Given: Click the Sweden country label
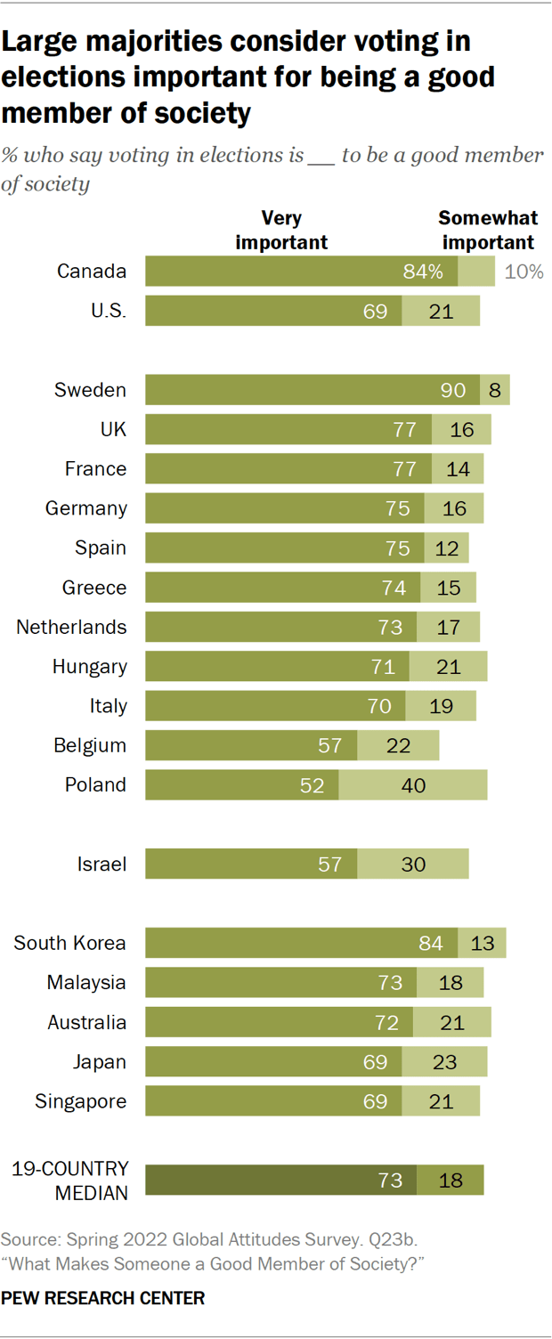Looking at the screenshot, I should point(90,390).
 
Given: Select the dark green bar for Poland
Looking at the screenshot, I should point(241,785).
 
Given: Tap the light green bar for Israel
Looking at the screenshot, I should point(412,864).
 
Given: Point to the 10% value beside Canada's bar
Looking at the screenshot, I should point(524,272).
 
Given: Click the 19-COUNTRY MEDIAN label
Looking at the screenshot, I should point(69,1181).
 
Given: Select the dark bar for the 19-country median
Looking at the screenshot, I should point(281,1181).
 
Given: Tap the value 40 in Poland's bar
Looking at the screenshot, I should point(412,785).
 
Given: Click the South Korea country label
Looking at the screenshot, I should point(69,943).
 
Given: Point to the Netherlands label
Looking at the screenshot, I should point(71,627).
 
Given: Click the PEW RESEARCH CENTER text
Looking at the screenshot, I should point(103,1298).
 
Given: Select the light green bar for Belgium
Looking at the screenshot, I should point(398,745).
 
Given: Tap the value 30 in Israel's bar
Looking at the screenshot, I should point(412,864).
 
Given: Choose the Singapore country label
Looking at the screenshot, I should point(80,1101).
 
